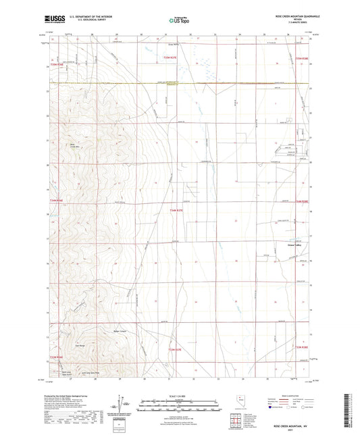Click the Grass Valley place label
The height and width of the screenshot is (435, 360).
[x=295, y=245]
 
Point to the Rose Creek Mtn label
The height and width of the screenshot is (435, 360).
[x=72, y=145]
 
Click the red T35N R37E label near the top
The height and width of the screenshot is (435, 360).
[x=170, y=59]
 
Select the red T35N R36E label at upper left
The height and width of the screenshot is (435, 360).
[x=57, y=65]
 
